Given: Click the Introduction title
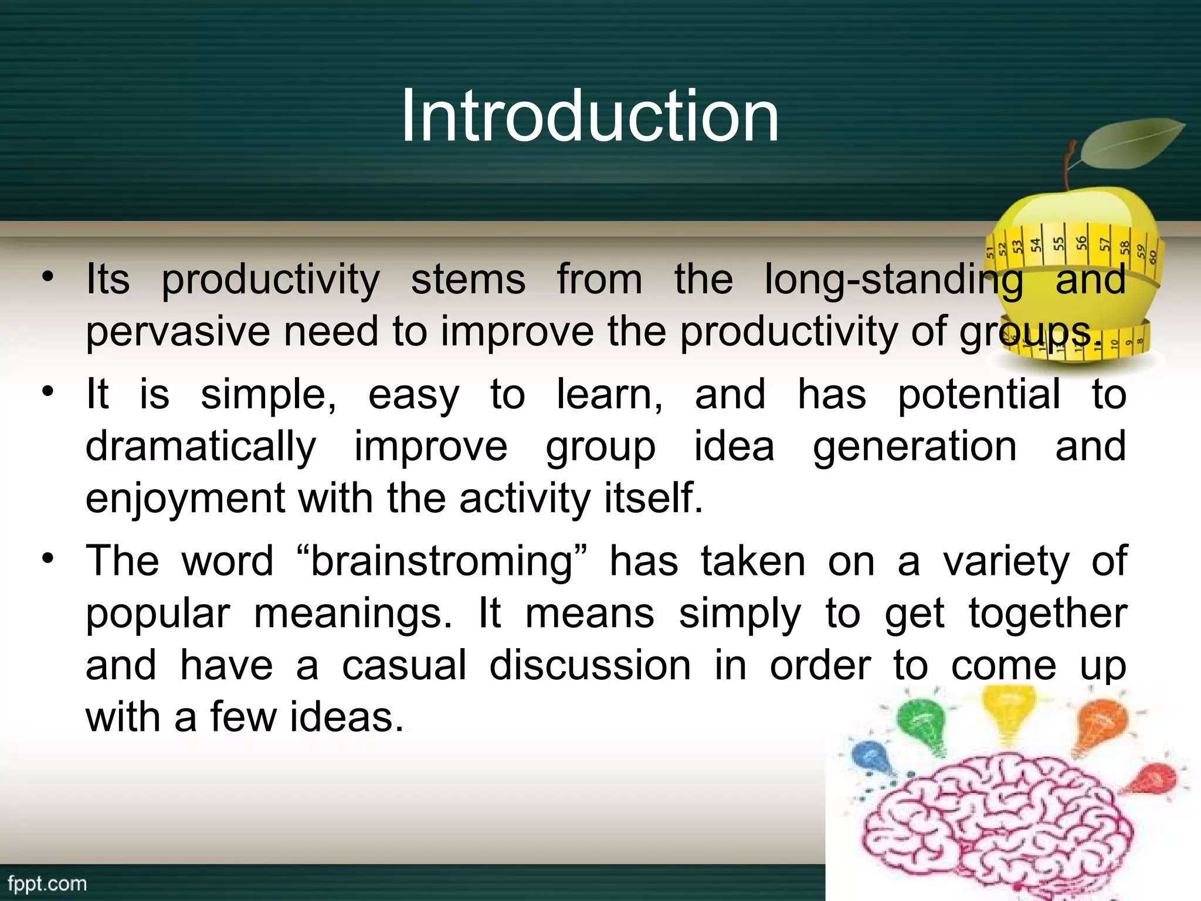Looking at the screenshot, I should [590, 116].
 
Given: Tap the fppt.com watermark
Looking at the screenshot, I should [47, 884].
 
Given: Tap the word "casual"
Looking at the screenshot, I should [404, 666].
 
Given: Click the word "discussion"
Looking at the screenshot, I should [590, 666].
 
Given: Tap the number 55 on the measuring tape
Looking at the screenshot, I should [1058, 243].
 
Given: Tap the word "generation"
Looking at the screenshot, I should [914, 447].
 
